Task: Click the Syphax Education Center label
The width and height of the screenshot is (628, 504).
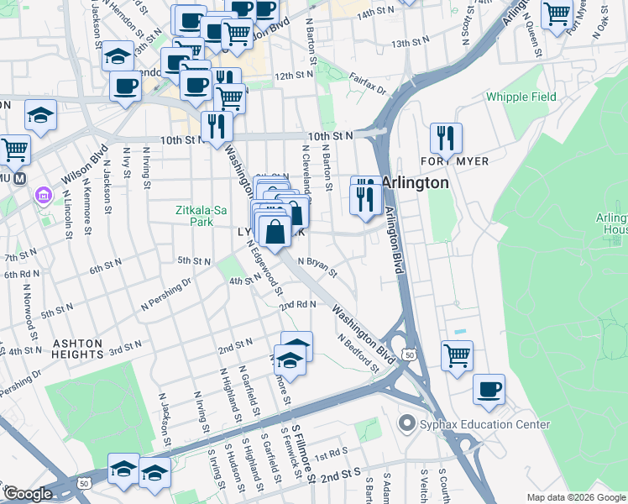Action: click(x=474, y=425)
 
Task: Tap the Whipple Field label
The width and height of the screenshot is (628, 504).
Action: click(x=521, y=97)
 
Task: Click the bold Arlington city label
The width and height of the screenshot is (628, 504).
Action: click(x=415, y=182)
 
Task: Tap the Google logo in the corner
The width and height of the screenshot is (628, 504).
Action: click(x=27, y=494)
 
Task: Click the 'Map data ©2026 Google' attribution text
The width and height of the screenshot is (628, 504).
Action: click(x=575, y=497)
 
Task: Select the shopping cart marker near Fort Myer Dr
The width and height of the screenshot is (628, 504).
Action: click(x=557, y=15)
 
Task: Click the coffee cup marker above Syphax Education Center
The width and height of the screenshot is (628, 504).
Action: click(x=489, y=389)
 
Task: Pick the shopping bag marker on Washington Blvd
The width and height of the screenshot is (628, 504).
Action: click(x=275, y=229)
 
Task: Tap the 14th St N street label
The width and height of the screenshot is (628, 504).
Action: click(x=375, y=16)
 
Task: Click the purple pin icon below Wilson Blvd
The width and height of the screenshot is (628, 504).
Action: click(x=42, y=196)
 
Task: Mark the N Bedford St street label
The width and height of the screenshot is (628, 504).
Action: click(x=358, y=353)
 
